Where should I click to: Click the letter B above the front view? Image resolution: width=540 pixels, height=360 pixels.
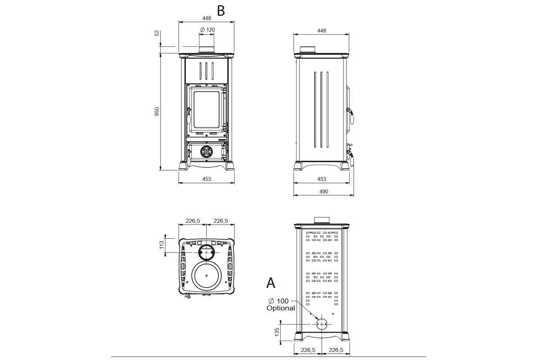click(221, 11)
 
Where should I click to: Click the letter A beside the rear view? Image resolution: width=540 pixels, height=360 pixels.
click(271, 283)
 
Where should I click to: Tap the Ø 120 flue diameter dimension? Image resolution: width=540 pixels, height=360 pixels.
click(207, 30)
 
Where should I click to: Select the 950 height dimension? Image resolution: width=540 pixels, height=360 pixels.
click(157, 112)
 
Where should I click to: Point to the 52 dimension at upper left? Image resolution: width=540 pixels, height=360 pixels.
click(157, 33)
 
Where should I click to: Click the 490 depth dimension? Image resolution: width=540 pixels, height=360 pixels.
click(324, 191)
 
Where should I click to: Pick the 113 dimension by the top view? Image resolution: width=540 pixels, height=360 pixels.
click(162, 245)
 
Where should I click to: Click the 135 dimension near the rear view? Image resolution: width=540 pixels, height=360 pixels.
click(277, 332)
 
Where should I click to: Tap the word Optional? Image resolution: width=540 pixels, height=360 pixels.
click(281, 308)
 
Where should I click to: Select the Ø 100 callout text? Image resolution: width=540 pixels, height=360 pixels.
click(279, 301)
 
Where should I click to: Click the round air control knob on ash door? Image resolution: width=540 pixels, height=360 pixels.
click(207, 152)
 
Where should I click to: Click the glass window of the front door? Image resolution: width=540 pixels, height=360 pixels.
click(207, 109)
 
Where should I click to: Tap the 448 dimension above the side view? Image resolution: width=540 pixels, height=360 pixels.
click(322, 31)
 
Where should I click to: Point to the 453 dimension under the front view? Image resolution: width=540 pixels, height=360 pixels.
click(207, 179)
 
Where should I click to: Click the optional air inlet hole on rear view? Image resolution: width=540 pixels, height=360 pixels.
click(322, 324)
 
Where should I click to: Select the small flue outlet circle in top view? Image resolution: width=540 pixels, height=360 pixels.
click(207, 252)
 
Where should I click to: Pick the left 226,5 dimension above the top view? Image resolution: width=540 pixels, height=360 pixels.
click(193, 220)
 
